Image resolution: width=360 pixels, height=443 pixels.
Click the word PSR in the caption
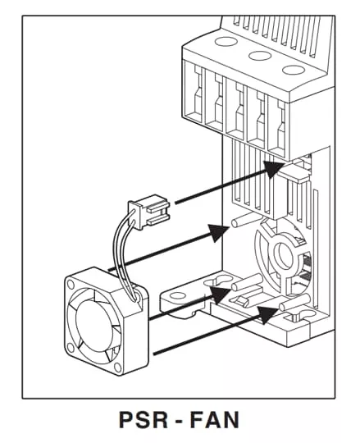click(x=144, y=420)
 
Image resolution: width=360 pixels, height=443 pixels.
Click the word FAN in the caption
click(x=215, y=420)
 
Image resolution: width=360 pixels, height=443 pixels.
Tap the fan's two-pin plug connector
click(x=148, y=212)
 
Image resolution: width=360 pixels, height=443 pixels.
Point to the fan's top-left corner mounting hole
click(x=71, y=284)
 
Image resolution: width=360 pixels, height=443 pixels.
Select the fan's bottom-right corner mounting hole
click(x=118, y=368)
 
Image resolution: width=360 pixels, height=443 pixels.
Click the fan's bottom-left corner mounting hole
click(x=71, y=349)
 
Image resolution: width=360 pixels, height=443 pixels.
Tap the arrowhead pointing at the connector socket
click(x=273, y=168)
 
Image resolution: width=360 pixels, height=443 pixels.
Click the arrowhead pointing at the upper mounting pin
click(x=219, y=232)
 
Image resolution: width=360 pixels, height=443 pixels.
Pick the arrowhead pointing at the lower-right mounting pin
click(x=267, y=314)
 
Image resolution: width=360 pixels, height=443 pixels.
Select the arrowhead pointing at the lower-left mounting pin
click(x=221, y=295)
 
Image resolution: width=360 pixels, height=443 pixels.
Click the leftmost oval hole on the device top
click(x=226, y=42)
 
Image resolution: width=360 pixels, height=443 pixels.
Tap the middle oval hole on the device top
click(x=260, y=56)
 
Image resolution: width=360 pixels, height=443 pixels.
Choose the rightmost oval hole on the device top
click(x=294, y=70)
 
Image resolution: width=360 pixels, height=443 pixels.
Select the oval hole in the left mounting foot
click(x=177, y=296)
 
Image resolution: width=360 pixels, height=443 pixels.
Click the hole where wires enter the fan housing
click(x=137, y=297)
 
